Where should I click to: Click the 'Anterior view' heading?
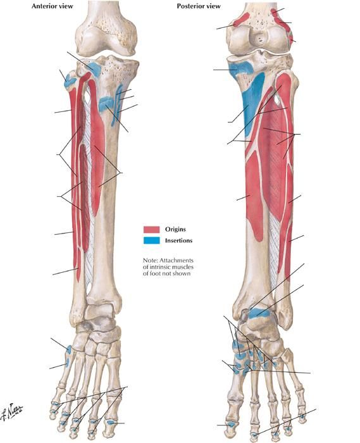click(53, 6)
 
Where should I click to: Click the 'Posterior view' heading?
click(199, 6)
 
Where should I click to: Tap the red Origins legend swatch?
click(152, 229)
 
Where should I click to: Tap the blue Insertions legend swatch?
click(152, 240)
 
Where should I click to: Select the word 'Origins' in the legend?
click(175, 229)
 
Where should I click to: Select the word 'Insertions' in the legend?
click(178, 240)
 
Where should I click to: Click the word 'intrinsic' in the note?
click(160, 266)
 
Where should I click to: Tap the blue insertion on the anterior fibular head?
click(70, 80)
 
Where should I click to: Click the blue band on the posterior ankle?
click(259, 313)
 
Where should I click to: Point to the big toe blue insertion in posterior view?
click(232, 424)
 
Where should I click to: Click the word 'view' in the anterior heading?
click(66, 6)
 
